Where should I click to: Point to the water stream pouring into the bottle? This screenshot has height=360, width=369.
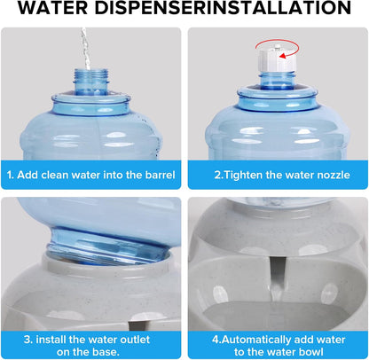click(x=85, y=44)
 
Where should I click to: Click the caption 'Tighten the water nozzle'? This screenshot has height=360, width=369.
click(x=279, y=173)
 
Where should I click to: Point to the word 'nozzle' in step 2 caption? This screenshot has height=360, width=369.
click(x=328, y=173)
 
